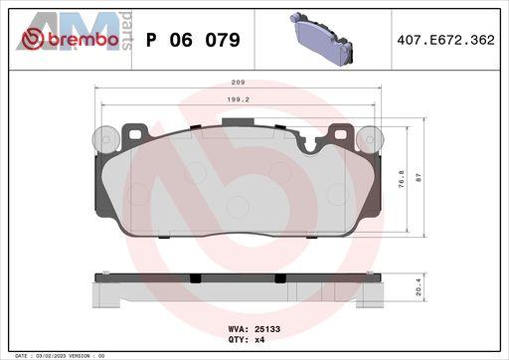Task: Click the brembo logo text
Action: (84, 40)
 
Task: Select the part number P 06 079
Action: (193, 40)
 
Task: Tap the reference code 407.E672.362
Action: (445, 40)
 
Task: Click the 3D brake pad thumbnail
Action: (321, 39)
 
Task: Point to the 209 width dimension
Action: (238, 83)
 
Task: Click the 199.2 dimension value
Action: (238, 99)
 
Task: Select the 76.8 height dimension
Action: (401, 179)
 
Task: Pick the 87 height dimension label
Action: (419, 178)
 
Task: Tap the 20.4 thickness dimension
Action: (419, 286)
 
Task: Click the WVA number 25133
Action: (267, 329)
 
